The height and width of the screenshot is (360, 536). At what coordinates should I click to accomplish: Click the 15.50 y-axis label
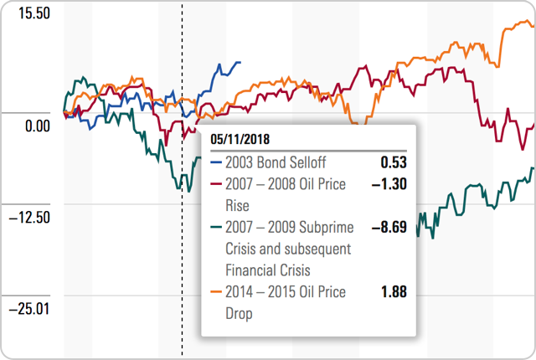[28, 15]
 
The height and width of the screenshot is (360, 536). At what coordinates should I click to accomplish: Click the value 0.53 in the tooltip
[393, 162]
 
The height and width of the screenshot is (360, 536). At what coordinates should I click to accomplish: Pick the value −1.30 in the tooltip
[389, 183]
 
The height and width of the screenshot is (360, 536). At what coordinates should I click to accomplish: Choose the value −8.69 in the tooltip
[389, 227]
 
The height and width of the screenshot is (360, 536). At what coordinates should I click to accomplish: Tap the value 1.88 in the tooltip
[393, 292]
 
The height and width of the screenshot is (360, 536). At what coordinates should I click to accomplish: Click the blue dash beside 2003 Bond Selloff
[216, 162]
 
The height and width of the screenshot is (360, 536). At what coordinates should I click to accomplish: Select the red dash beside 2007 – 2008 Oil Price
[216, 183]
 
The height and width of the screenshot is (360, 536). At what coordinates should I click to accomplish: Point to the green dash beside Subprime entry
[216, 227]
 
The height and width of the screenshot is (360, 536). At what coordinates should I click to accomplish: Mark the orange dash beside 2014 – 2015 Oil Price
[216, 292]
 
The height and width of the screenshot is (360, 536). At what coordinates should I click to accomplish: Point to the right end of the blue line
[240, 62]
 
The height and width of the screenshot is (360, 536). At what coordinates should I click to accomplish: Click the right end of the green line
[533, 169]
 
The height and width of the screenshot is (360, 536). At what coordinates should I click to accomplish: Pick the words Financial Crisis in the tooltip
[267, 270]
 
